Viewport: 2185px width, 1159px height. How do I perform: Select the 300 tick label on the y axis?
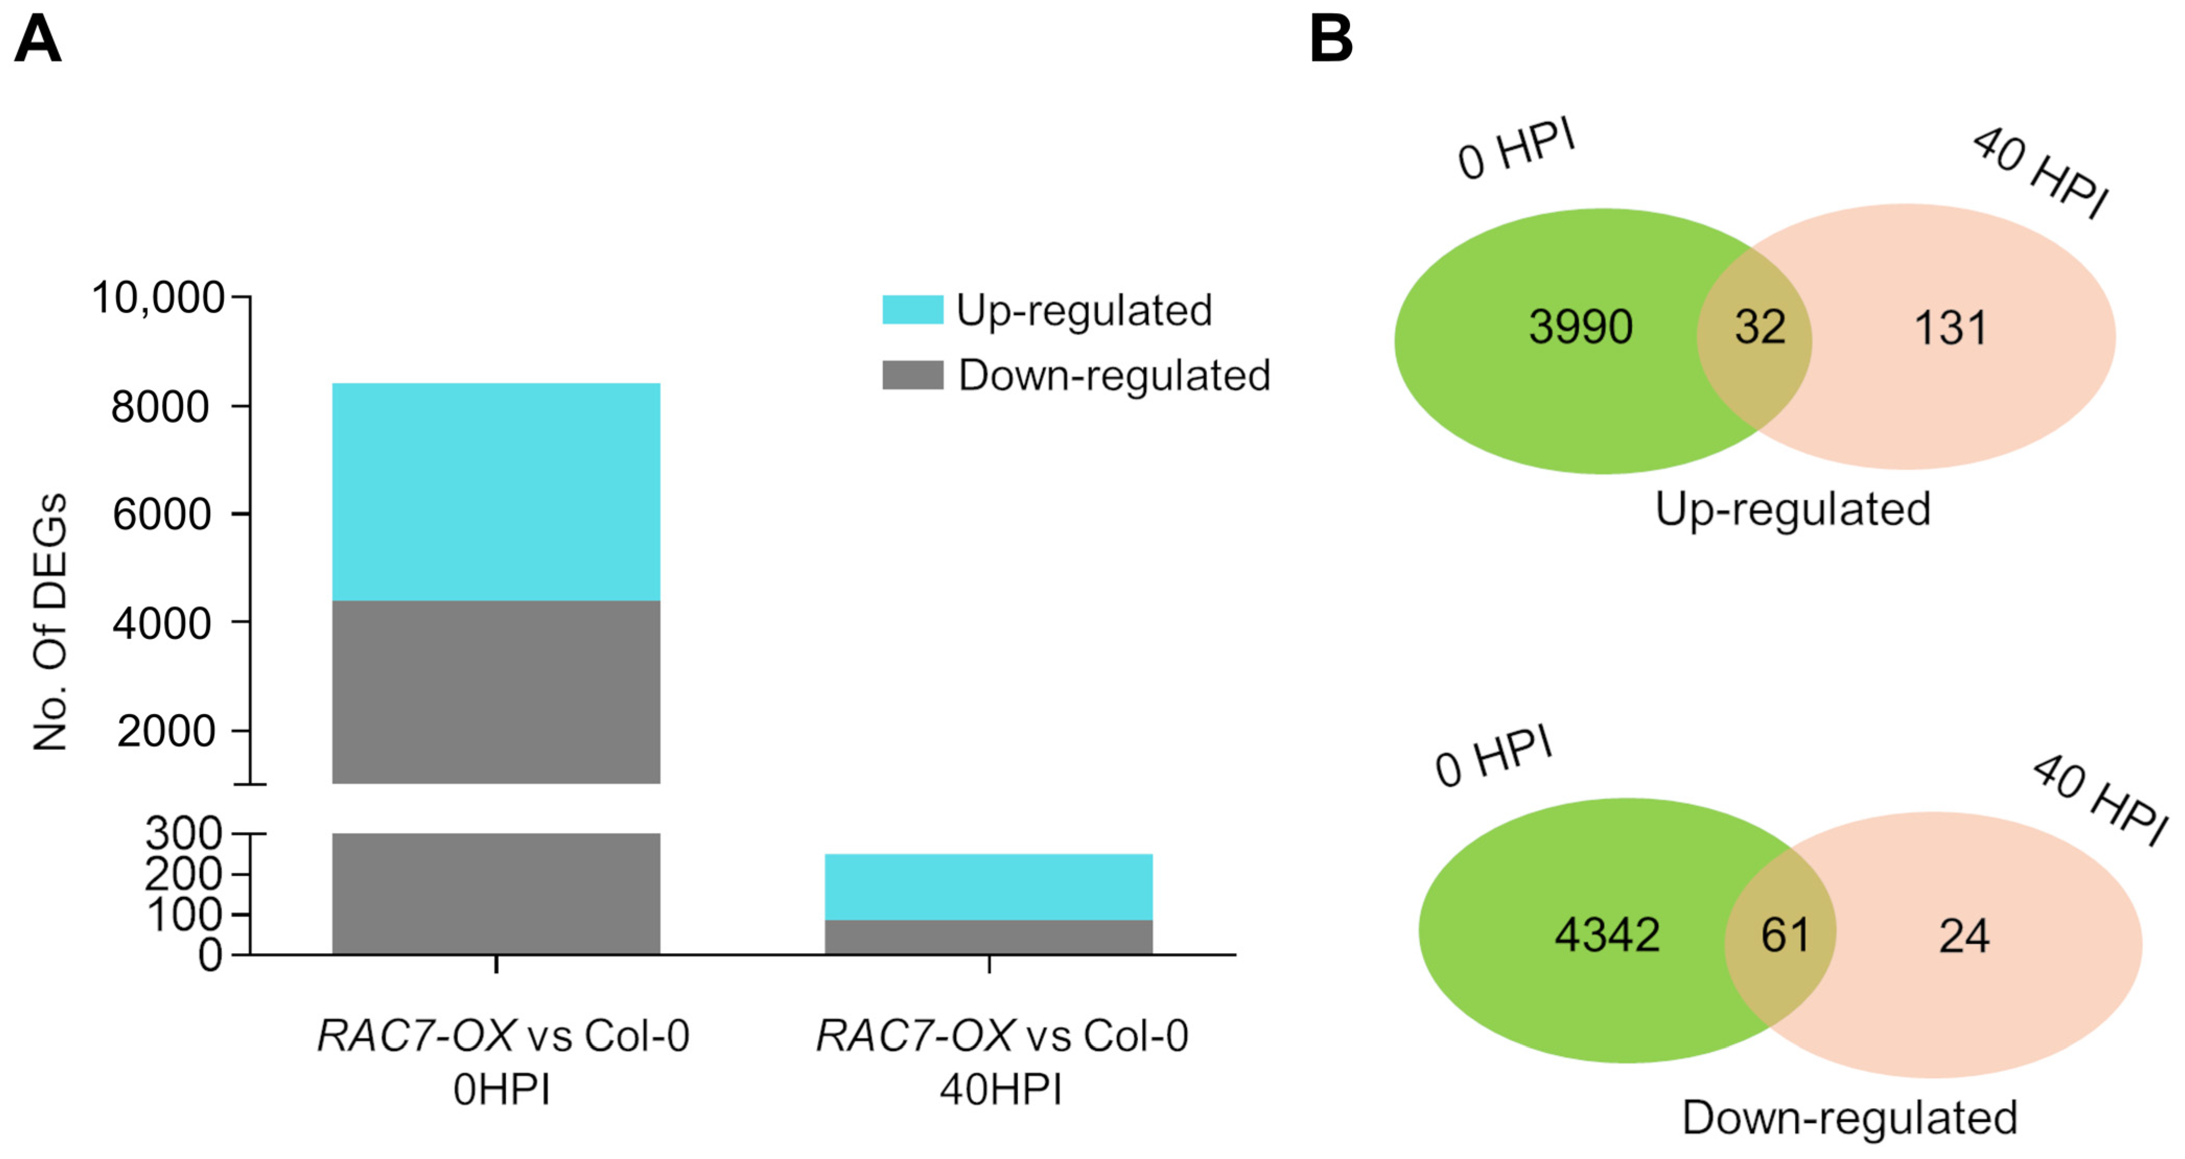click(183, 833)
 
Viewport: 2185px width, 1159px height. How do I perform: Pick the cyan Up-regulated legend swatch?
click(913, 310)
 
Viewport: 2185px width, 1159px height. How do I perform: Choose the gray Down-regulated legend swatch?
click(913, 375)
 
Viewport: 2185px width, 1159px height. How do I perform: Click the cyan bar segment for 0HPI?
click(496, 492)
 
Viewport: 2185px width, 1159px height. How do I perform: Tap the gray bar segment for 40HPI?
click(988, 937)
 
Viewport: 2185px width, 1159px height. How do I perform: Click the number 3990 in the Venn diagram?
click(1580, 327)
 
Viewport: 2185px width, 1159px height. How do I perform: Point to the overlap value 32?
click(1760, 327)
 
